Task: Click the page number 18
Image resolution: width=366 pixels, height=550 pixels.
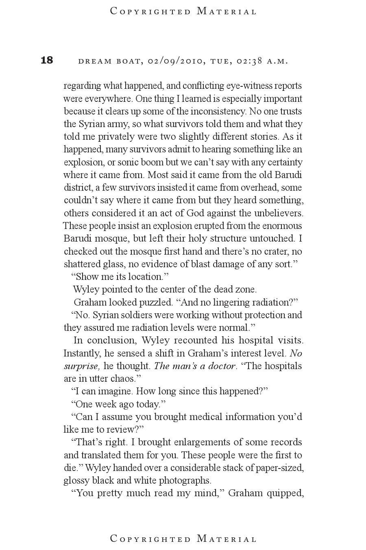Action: [47, 60]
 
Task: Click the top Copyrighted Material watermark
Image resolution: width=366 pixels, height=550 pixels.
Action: [183, 11]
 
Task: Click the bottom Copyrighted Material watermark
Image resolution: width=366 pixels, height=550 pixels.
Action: [183, 539]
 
